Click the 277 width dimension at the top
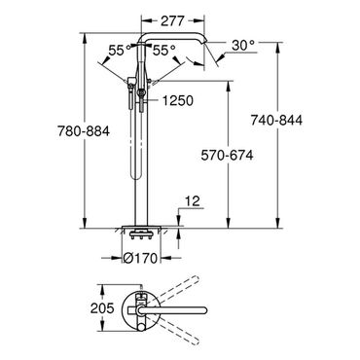[172, 21]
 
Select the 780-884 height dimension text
[84, 131]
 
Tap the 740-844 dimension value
[276, 120]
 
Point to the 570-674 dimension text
[227, 156]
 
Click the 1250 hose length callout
[178, 100]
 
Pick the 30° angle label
[243, 46]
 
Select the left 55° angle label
[120, 51]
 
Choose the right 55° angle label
[164, 50]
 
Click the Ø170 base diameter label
[140, 258]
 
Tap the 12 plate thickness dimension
[194, 201]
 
